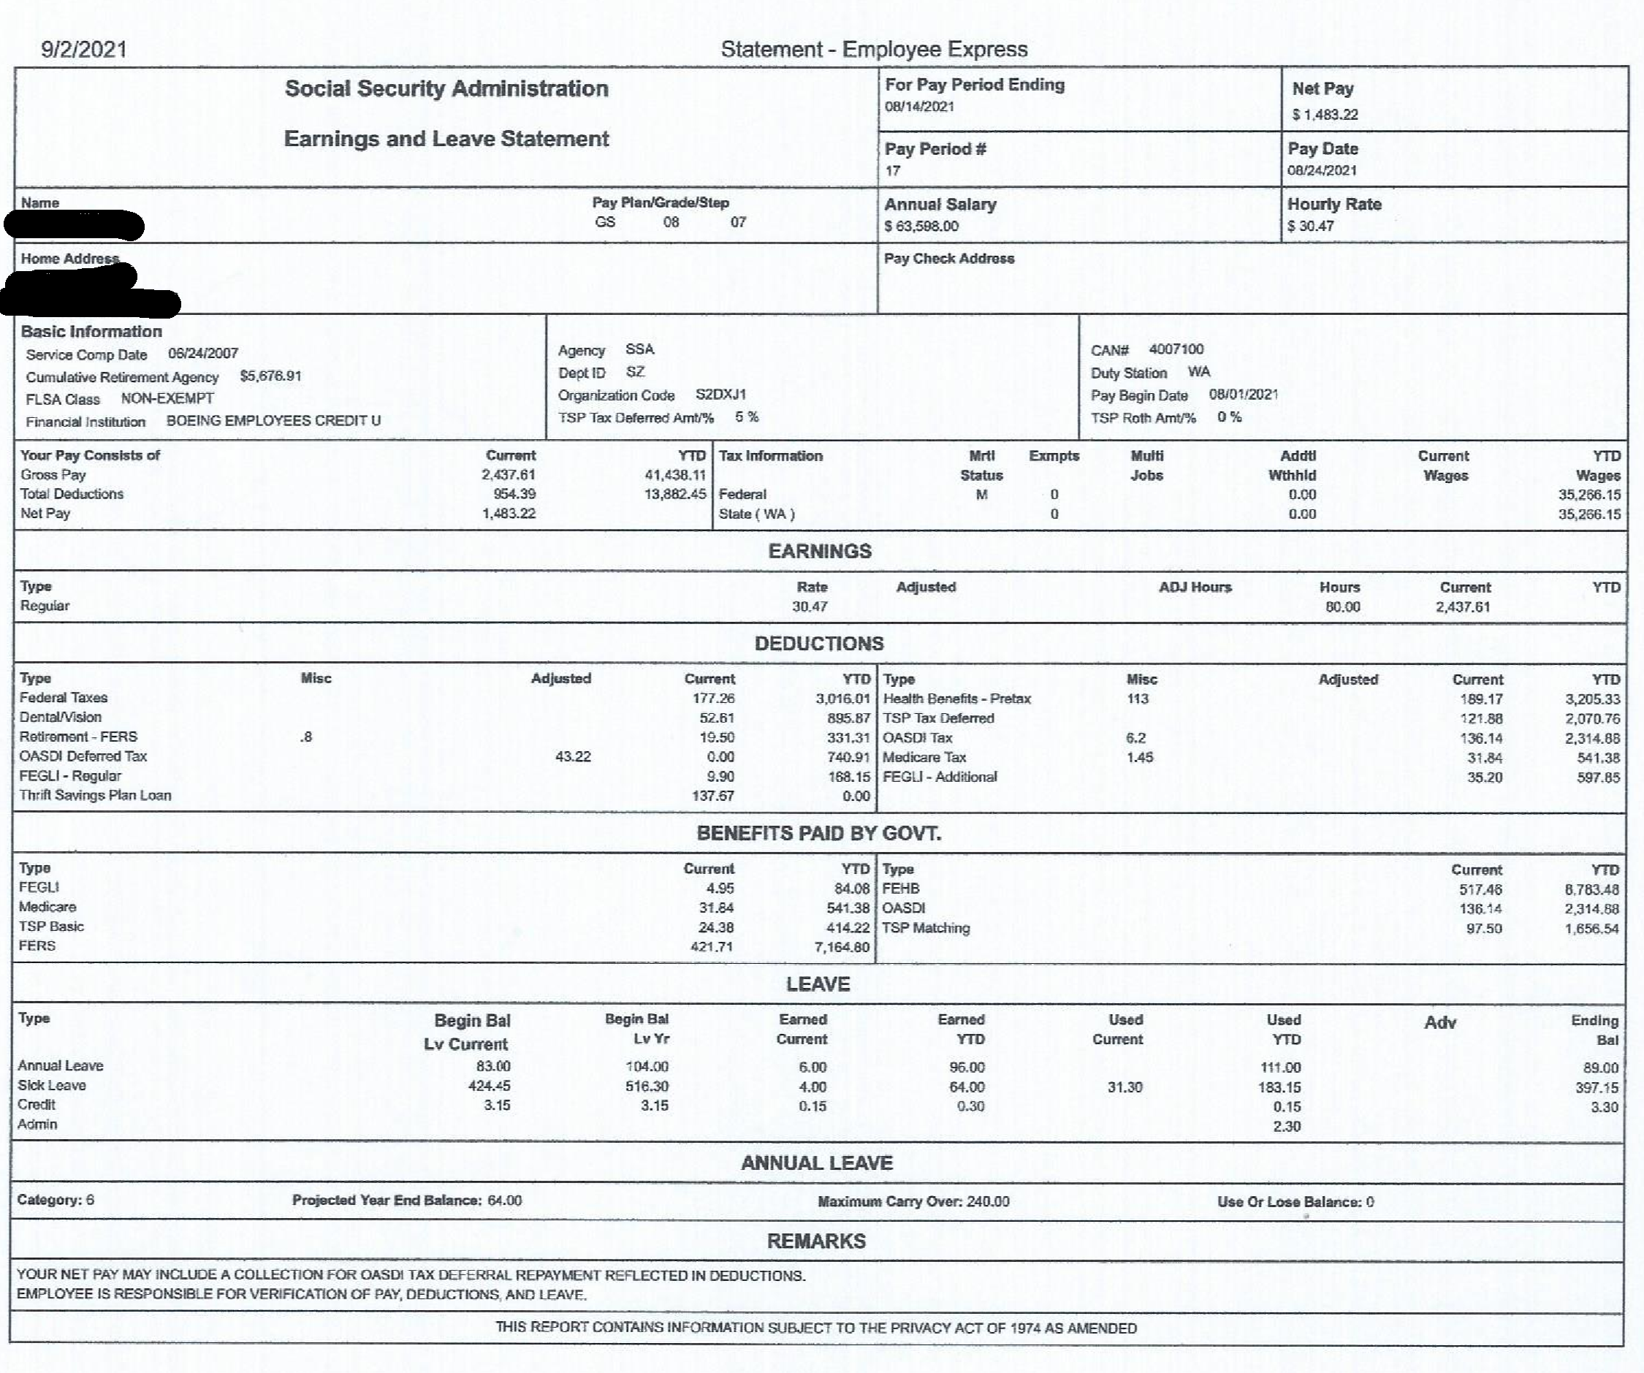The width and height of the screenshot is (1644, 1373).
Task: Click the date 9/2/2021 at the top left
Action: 84,49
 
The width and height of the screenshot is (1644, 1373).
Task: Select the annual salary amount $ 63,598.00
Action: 921,227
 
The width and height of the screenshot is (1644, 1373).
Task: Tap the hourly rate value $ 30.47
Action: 1311,227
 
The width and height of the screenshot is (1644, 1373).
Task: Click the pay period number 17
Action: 892,171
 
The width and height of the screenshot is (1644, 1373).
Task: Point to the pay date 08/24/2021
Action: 1322,171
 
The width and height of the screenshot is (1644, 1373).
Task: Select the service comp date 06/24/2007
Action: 203,353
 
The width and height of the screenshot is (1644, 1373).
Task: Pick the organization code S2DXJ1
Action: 720,395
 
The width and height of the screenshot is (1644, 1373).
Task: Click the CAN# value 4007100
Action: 1176,349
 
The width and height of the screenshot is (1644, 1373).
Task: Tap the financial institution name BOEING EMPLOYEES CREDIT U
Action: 273,420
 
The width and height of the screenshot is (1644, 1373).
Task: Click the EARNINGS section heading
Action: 820,551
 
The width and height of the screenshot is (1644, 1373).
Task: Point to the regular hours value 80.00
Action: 1343,606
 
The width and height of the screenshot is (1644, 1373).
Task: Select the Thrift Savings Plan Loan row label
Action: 96,795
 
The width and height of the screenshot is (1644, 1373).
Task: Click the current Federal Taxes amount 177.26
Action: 713,699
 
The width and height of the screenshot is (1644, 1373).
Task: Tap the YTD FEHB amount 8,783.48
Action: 1591,889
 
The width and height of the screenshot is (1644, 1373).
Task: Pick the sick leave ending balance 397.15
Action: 1597,1087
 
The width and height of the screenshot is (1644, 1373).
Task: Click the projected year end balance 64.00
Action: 504,1201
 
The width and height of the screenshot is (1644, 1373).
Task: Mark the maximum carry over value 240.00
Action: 988,1201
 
